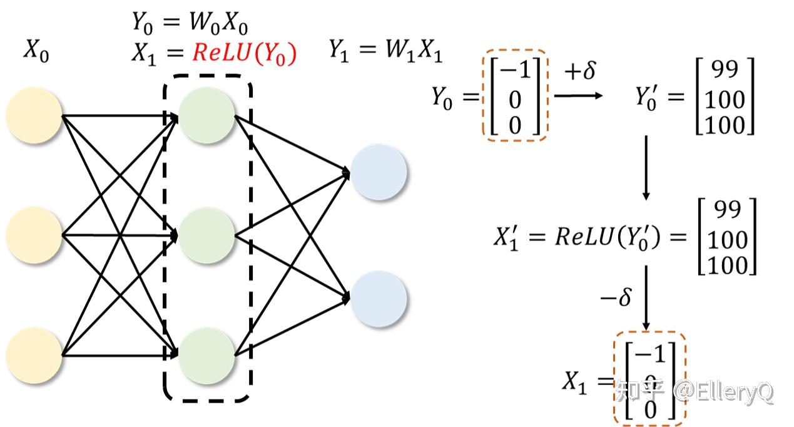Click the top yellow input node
point(34,116)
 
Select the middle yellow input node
point(34,235)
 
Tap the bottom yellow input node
point(34,355)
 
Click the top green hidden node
point(206,116)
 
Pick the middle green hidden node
point(206,235)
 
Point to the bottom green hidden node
point(206,355)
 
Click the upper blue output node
point(379,172)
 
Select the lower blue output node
point(379,299)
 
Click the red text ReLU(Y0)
point(244,53)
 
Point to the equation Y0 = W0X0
point(189,24)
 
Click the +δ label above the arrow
point(579,71)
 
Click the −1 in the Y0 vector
point(515,70)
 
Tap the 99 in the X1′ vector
point(727,211)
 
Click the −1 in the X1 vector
point(651,354)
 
